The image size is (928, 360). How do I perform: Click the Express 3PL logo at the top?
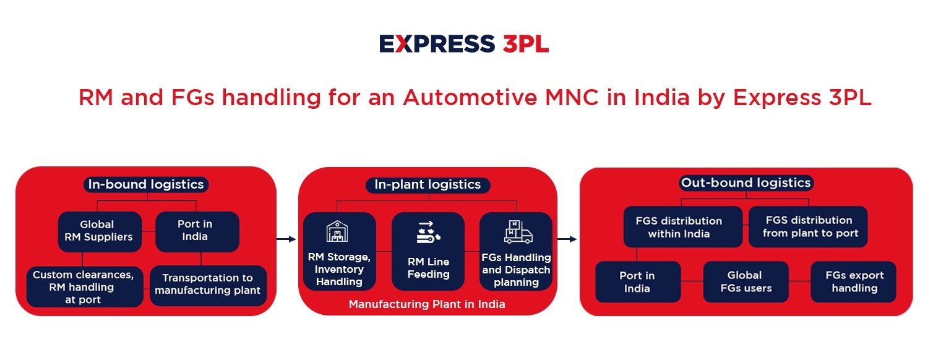click(464, 44)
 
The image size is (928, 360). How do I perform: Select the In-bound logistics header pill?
click(146, 184)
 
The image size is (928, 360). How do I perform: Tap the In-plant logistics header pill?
click(427, 185)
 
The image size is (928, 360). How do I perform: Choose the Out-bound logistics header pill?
click(745, 182)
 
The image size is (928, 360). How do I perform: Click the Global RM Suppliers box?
click(100, 231)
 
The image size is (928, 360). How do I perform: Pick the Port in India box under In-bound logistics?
click(197, 231)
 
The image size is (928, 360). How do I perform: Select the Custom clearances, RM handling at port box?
click(85, 286)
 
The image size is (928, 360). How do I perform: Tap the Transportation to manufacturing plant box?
click(208, 285)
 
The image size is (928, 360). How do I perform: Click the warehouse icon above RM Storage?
click(337, 231)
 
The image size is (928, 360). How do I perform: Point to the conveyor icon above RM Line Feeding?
click(428, 232)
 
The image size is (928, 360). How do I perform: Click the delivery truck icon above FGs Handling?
click(518, 231)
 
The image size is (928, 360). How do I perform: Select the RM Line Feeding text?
click(428, 268)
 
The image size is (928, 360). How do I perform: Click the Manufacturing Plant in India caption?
click(427, 304)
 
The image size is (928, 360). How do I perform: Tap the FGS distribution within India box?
click(683, 226)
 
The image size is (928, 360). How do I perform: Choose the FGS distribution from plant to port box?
click(808, 226)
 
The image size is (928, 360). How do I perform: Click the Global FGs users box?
click(745, 281)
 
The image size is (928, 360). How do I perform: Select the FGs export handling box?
click(853, 281)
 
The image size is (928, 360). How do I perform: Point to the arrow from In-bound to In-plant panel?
click(286, 239)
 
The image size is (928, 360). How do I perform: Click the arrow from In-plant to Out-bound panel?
click(567, 239)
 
